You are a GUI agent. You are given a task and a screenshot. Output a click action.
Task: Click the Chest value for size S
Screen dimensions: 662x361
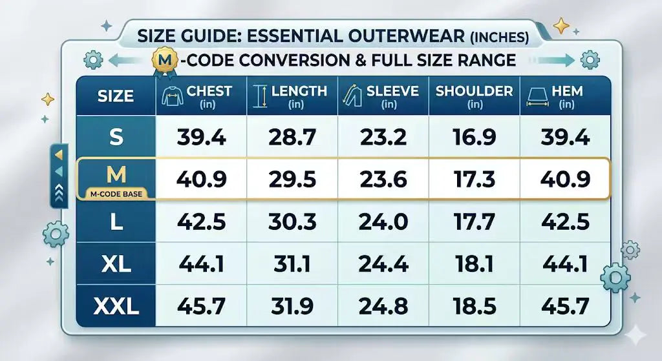[201, 137]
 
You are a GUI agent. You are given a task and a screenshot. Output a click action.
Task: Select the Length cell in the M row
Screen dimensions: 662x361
[292, 180]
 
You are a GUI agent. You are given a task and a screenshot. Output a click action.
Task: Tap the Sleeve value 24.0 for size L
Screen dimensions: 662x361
[383, 222]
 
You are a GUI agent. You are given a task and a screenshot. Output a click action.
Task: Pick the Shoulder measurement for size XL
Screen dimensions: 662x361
[474, 264]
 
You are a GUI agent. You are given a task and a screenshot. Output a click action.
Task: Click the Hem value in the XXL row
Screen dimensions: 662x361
[565, 306]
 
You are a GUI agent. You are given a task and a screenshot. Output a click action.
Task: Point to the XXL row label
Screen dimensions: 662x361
[116, 306]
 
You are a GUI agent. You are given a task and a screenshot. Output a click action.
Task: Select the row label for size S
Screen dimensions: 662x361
[116, 137]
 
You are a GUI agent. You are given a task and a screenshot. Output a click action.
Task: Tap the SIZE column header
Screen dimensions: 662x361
[116, 96]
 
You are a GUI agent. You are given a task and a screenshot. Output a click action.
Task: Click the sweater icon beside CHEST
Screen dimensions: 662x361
[172, 96]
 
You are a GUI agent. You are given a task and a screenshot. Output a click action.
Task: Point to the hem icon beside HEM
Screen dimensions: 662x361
[537, 98]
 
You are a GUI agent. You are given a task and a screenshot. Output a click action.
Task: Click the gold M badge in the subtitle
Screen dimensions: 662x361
[165, 60]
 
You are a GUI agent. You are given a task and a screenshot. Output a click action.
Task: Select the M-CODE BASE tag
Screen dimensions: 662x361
[116, 194]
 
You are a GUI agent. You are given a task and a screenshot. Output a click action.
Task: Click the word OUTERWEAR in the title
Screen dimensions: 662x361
[407, 36]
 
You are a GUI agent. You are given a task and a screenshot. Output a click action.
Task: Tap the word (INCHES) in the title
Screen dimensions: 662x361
[500, 37]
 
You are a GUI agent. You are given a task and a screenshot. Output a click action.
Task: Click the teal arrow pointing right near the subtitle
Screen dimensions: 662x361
[557, 60]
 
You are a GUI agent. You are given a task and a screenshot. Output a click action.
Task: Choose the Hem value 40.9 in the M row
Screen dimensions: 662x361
[565, 180]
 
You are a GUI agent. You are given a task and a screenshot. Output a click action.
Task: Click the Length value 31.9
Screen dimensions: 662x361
[292, 306]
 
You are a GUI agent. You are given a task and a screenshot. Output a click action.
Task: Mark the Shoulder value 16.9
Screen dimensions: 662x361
[474, 137]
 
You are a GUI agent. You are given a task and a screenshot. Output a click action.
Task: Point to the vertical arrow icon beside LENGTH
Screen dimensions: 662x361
[261, 96]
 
